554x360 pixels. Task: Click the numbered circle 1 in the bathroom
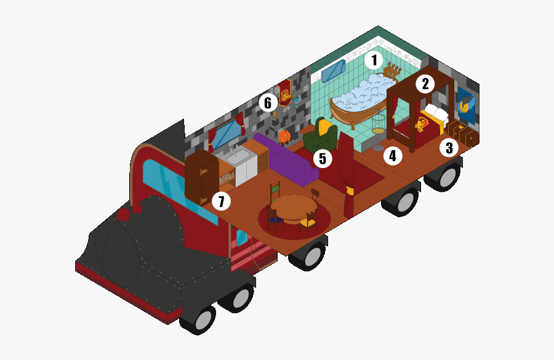374,60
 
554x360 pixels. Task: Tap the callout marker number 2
425,84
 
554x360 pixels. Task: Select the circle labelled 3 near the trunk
449,148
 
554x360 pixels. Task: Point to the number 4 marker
393,156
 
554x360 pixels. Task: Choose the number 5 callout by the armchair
323,159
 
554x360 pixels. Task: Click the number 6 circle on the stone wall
268,103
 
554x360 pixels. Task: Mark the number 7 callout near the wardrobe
221,201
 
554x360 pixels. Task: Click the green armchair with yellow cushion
321,135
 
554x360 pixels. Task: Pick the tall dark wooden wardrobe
201,177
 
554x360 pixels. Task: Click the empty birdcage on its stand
379,130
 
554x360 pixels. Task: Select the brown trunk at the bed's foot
462,132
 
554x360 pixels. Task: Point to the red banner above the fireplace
285,92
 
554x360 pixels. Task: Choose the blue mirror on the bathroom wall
334,71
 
